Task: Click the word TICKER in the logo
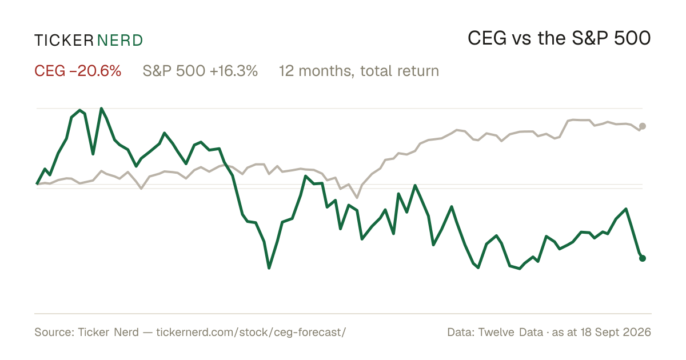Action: pos(63,41)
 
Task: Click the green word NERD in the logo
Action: pos(119,41)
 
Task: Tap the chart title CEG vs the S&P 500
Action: pos(559,38)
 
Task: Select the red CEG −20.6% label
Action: pos(78,71)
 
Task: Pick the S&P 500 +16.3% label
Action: pos(200,71)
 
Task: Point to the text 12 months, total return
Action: pos(358,71)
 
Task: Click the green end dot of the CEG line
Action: pos(643,258)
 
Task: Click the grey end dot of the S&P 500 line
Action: pos(643,126)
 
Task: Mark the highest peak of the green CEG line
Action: pos(101,109)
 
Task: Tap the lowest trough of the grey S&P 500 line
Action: pos(357,198)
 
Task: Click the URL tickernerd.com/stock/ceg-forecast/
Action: pos(251,332)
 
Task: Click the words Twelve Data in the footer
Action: pos(510,332)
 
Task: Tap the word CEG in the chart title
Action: pos(487,38)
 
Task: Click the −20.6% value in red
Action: pos(95,71)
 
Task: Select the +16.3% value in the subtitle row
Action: pos(234,71)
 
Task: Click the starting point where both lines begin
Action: pos(37,183)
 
